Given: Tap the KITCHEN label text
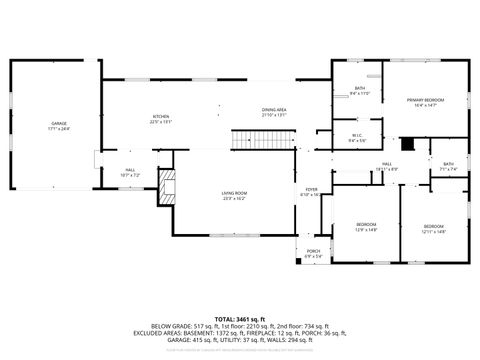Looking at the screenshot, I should [x=160, y=116].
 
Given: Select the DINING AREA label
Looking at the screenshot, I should [x=275, y=109].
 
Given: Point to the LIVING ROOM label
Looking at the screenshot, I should [x=234, y=193].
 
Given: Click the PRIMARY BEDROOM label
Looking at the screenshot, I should [x=425, y=100].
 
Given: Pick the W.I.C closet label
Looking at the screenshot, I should [x=356, y=136].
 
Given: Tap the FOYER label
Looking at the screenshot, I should [x=311, y=189].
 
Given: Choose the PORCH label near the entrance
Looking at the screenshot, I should [x=313, y=251].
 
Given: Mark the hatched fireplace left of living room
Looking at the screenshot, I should [x=167, y=185].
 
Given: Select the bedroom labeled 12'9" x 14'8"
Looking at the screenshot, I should [x=366, y=224].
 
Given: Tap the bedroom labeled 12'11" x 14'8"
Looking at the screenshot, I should [x=433, y=226].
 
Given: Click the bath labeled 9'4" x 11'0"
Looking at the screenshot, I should [x=360, y=89].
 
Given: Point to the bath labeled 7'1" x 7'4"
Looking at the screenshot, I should [x=449, y=164].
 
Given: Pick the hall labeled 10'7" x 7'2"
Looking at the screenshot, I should [x=130, y=170].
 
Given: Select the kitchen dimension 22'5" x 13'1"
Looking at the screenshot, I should [x=160, y=122].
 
